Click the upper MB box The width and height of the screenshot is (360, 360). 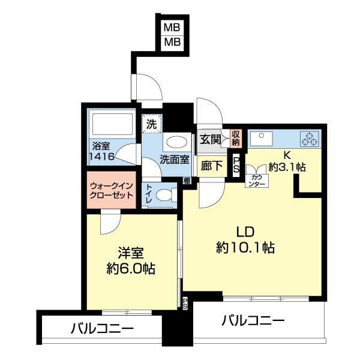point(173,28)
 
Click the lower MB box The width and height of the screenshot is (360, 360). point(173,43)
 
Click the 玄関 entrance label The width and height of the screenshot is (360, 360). point(210,140)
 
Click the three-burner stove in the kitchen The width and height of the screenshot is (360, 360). point(311,139)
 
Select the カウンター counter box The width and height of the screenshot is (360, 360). point(256,180)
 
